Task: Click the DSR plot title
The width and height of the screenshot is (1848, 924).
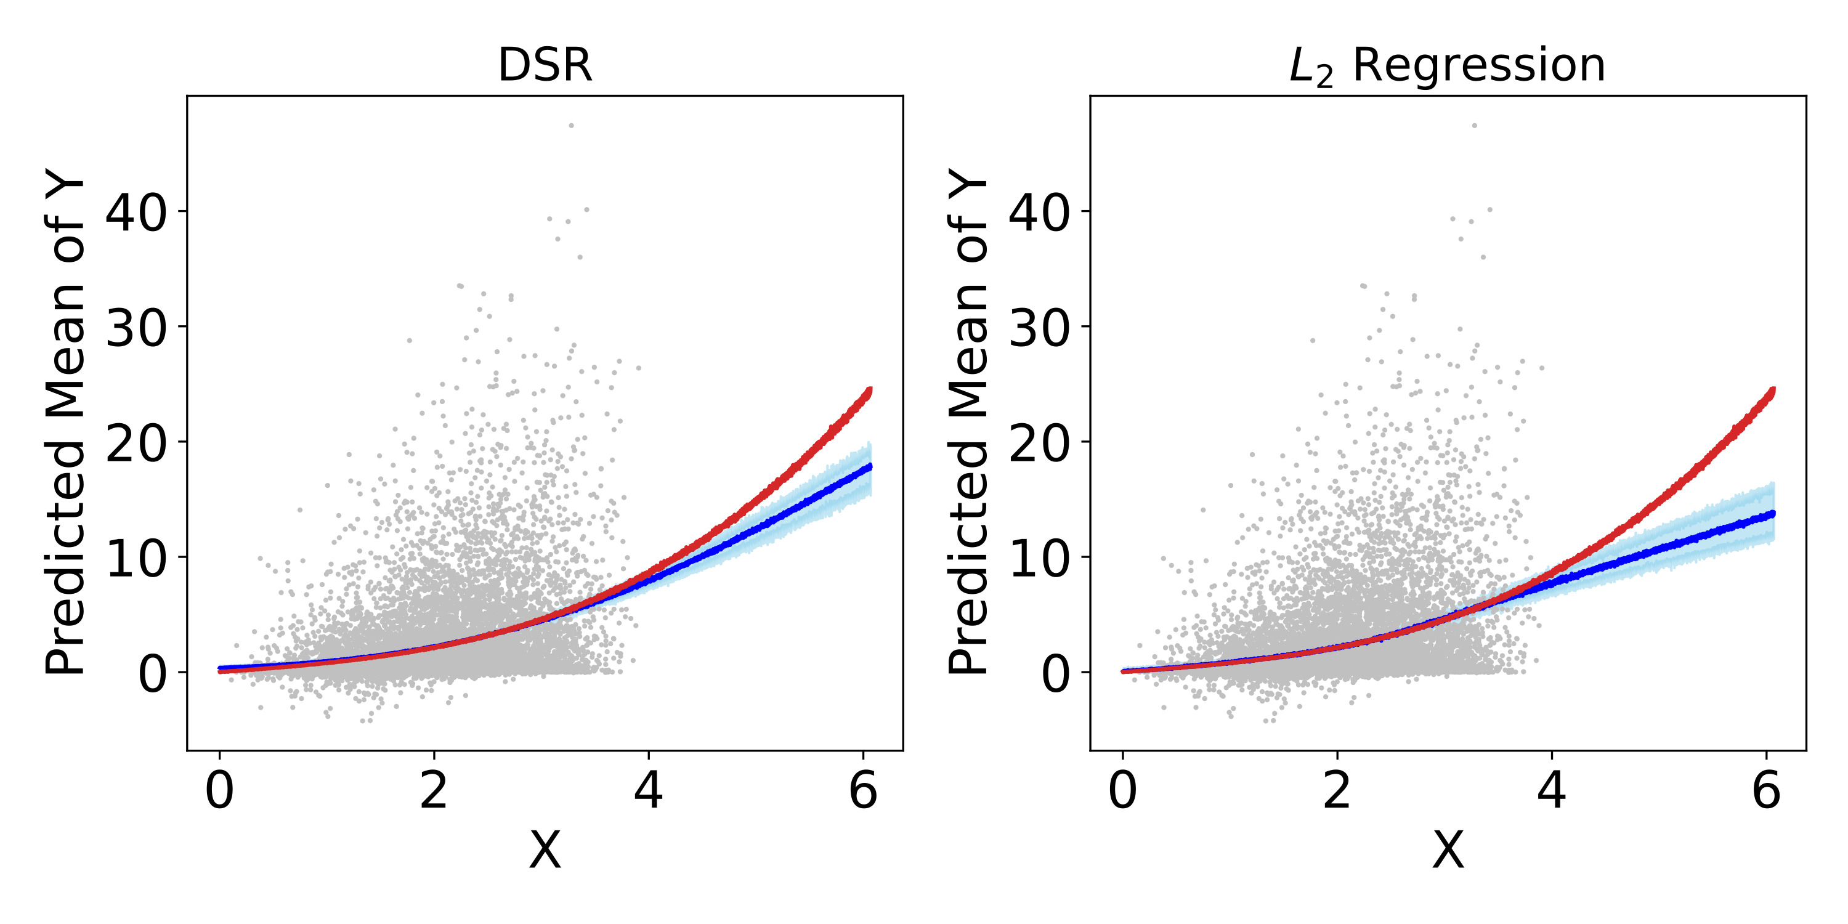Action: coord(545,65)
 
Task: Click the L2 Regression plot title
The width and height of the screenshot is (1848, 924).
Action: coord(1447,65)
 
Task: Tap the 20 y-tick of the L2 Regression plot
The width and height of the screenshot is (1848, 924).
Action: coord(1040,443)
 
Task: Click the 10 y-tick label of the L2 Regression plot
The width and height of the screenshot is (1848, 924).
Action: coord(1040,558)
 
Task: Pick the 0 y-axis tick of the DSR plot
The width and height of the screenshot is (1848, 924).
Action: coord(152,674)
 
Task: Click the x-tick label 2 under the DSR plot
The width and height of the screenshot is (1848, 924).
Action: coord(434,792)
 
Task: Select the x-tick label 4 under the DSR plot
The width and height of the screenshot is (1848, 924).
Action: coord(649,792)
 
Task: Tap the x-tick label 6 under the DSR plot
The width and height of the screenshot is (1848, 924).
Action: coord(863,792)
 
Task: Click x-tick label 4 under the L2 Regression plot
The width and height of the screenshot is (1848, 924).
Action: coord(1552,792)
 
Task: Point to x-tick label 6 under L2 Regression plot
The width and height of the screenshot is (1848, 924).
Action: coord(1766,792)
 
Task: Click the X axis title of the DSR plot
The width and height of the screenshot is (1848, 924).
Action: coord(545,851)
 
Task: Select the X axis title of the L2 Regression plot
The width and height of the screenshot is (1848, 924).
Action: coord(1448,851)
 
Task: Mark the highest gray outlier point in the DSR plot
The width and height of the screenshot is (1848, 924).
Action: coord(571,126)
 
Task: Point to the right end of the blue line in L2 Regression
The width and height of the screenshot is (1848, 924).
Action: coord(1773,514)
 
